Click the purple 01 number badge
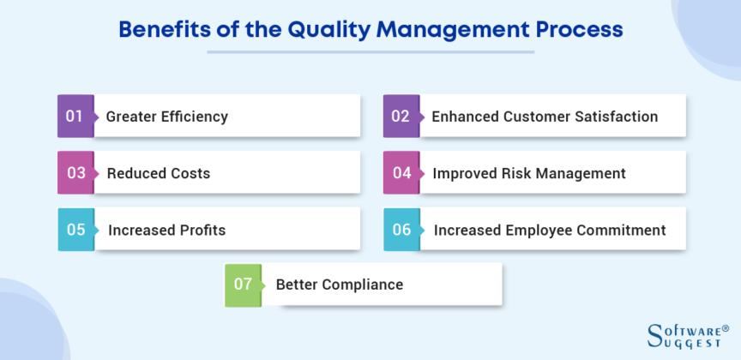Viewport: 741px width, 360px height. [75, 116]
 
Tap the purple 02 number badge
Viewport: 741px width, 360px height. [401, 116]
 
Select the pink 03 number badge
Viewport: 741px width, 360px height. [75, 172]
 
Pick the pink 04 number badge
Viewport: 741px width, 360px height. [401, 172]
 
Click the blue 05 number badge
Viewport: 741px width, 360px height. [75, 230]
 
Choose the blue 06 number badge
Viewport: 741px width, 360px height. [401, 230]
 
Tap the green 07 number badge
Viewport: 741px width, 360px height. [243, 284]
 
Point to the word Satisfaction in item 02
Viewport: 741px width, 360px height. [611, 117]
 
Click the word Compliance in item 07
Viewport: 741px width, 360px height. [362, 284]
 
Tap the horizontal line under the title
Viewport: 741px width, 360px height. [370, 51]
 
